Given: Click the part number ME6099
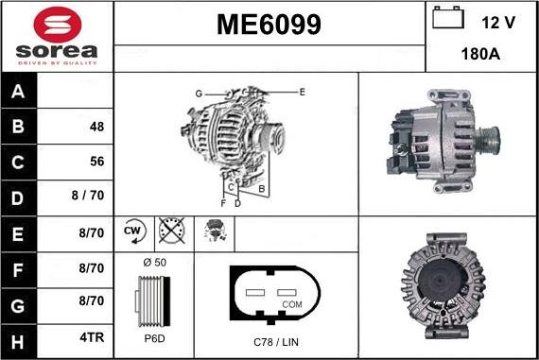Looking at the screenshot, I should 269,24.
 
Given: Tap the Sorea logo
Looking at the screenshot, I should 57,36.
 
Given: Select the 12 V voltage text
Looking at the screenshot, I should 499,22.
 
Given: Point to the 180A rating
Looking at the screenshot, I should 481,55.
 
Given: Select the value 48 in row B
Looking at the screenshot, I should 96,127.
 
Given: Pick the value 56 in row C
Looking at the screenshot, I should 96,162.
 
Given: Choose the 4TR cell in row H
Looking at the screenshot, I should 92,335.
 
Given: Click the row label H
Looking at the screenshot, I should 19,335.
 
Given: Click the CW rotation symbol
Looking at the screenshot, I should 132,231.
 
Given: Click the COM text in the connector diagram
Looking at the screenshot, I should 292,305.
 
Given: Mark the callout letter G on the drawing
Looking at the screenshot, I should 200,93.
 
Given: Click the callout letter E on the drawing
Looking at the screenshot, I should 302,92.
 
